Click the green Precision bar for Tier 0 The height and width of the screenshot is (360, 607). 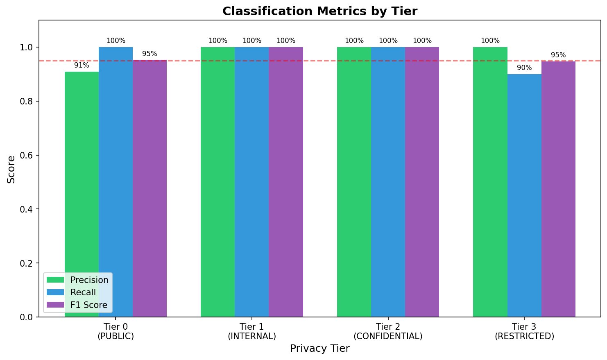[x=82, y=172]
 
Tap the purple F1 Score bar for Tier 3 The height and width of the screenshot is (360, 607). [x=558, y=189]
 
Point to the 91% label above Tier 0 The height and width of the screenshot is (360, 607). [x=82, y=66]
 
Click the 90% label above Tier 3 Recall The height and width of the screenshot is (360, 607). [x=524, y=68]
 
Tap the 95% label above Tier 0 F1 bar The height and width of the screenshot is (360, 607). [x=149, y=54]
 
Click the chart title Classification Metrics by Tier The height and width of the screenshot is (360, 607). [x=320, y=11]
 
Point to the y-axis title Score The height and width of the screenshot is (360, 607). [x=11, y=169]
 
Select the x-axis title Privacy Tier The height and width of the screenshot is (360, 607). [x=320, y=349]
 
